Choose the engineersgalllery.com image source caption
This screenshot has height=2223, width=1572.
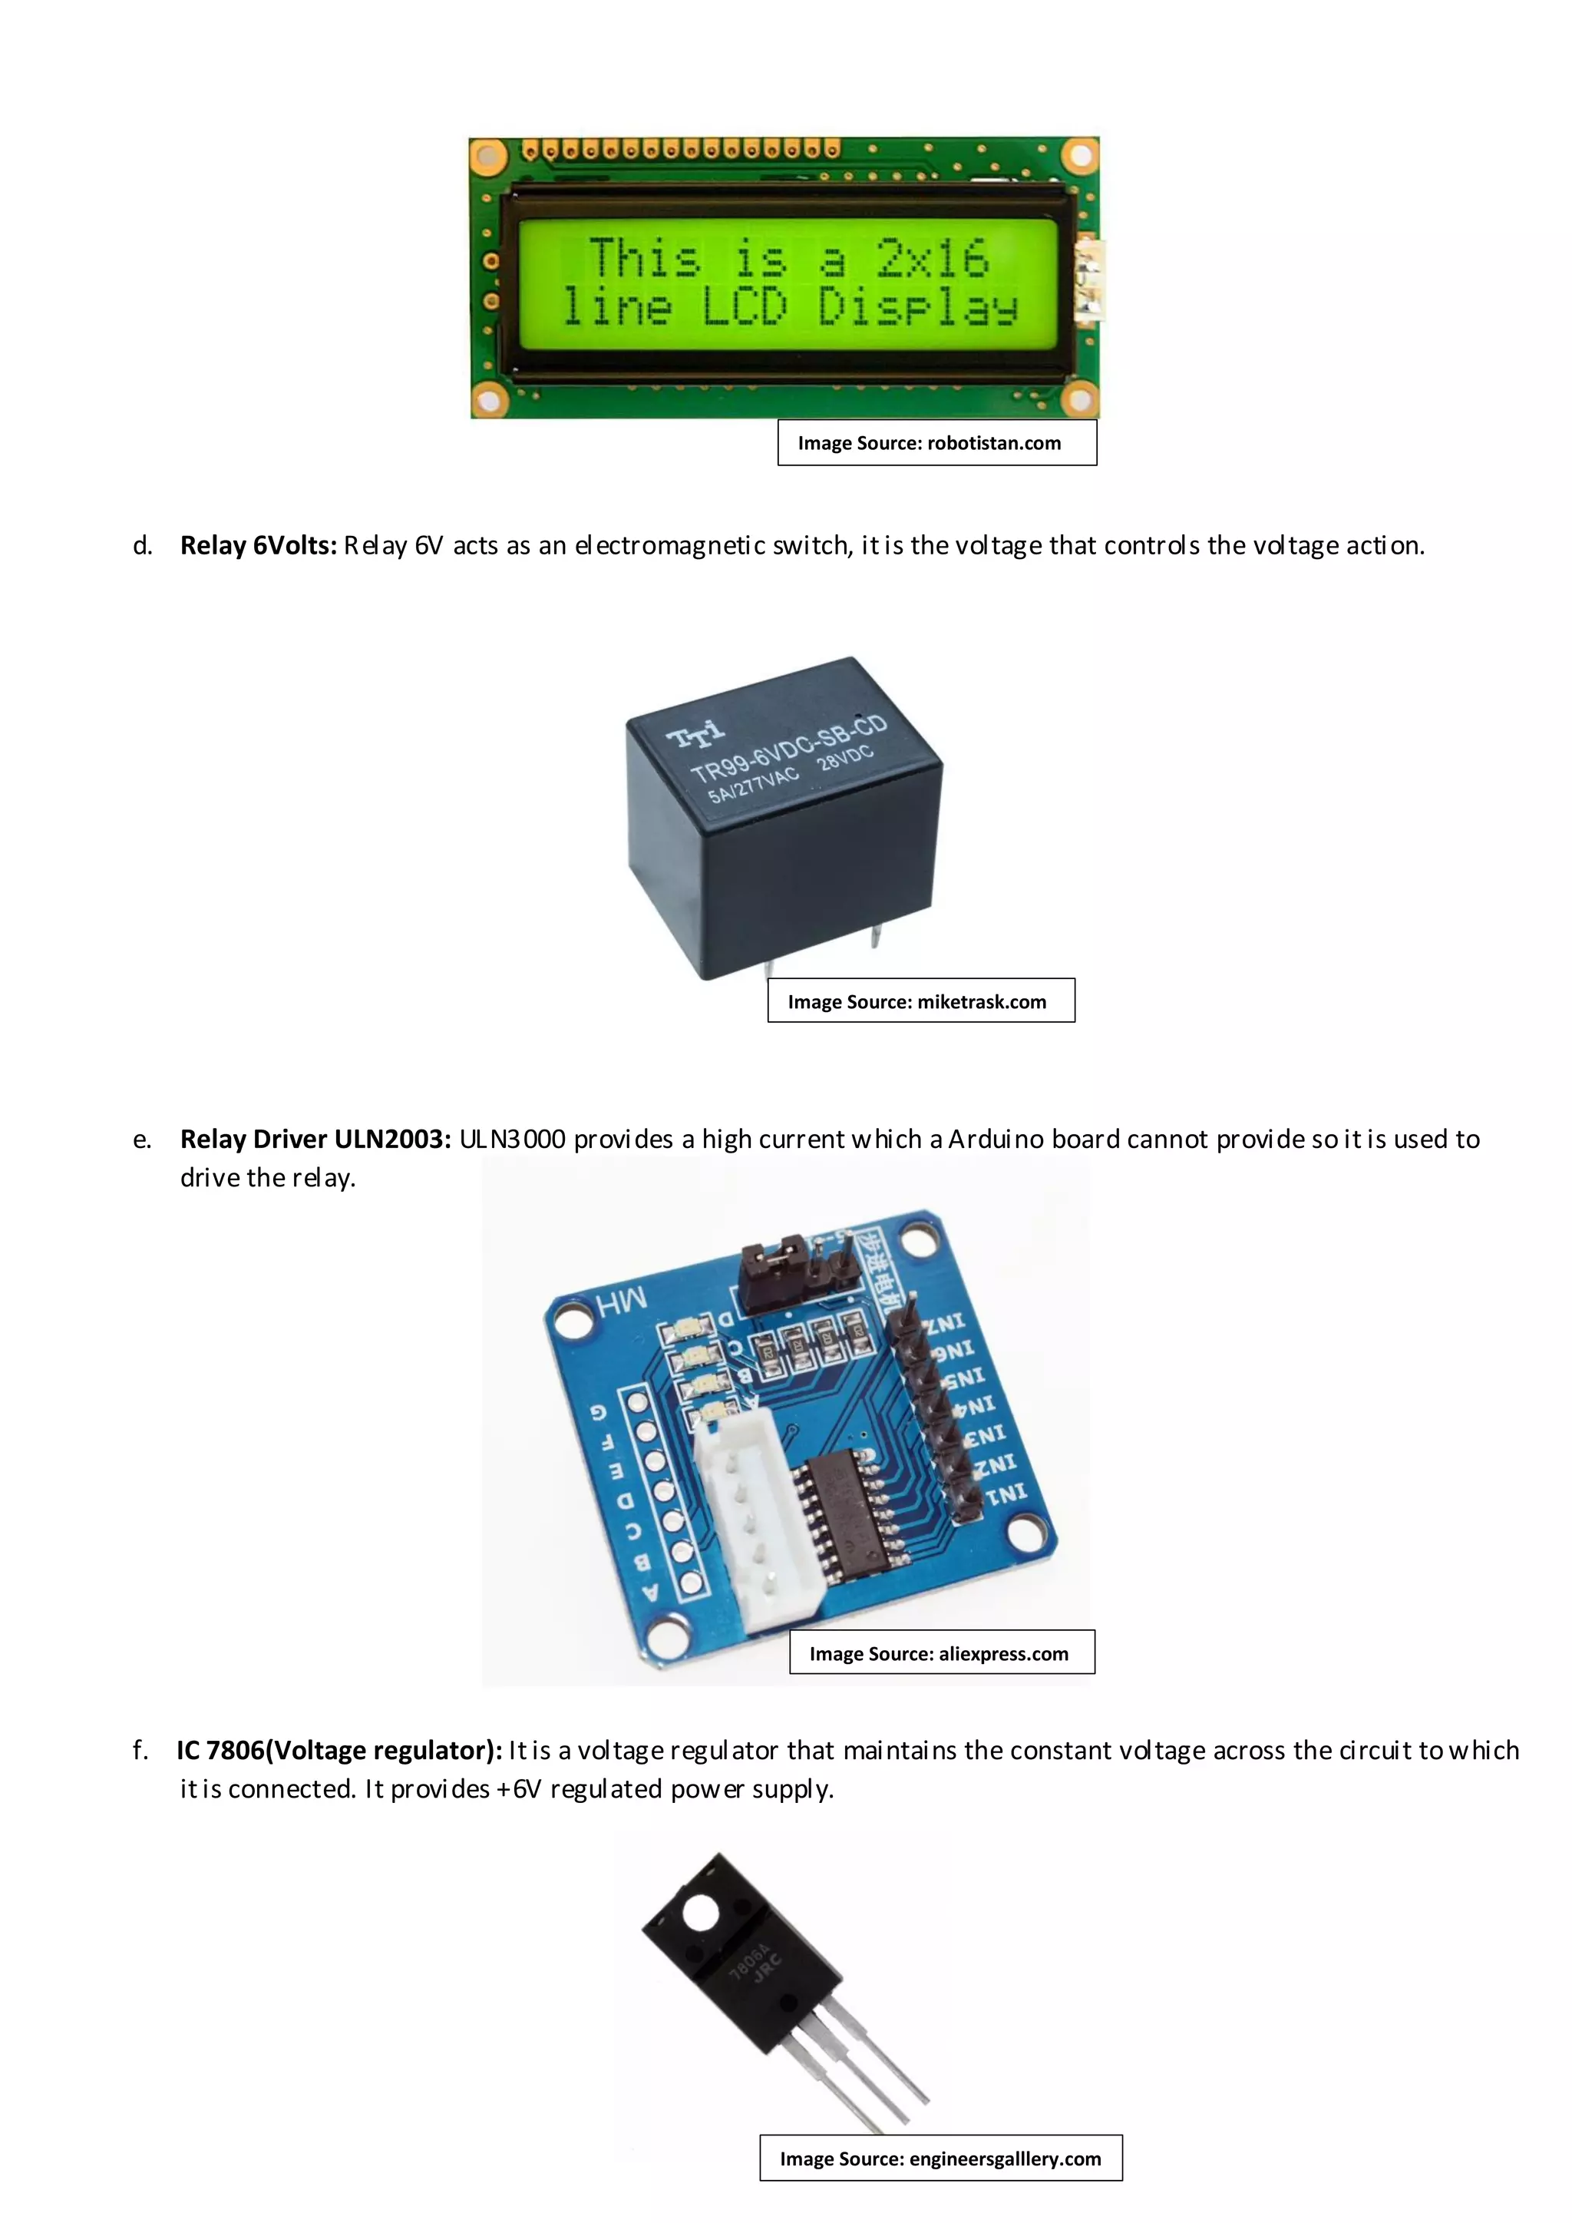point(940,2158)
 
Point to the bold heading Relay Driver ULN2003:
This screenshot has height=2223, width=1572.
point(315,1139)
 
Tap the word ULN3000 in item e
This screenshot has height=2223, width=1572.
point(512,1139)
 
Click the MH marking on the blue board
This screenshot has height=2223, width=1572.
point(622,1302)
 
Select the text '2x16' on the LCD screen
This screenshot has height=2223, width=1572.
point(931,257)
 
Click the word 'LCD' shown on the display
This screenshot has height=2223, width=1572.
point(744,307)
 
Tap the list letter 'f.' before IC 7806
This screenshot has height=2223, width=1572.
point(141,1749)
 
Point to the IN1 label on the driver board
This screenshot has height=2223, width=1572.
point(1006,1496)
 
